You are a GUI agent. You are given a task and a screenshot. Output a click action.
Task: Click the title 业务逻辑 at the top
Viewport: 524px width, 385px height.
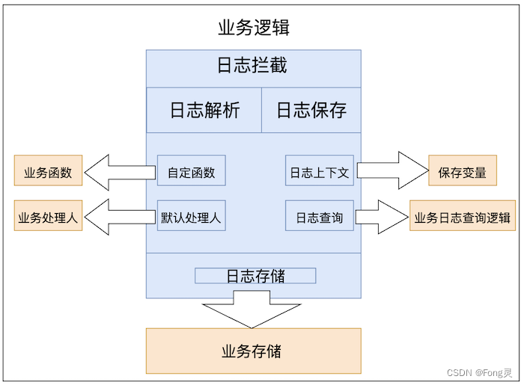[x=253, y=28]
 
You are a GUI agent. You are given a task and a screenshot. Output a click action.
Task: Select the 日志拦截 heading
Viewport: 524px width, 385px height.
[x=252, y=65]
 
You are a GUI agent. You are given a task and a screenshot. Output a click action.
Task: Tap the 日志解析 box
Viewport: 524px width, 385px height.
[x=204, y=110]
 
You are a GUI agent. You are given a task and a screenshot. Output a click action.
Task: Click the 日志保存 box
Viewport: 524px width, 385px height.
[x=311, y=110]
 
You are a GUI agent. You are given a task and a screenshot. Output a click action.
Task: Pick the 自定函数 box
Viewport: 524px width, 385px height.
[x=191, y=171]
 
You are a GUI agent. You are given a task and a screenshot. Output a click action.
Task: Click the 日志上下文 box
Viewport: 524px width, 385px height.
[x=320, y=171]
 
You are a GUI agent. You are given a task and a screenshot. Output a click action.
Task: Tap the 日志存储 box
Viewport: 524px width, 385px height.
[x=255, y=276]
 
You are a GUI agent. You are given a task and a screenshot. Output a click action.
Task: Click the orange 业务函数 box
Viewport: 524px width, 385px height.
[x=48, y=171]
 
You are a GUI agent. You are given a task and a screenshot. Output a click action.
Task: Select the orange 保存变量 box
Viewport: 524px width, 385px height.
[x=462, y=171]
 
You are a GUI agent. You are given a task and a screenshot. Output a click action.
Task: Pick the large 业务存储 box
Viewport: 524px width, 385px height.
[x=253, y=350]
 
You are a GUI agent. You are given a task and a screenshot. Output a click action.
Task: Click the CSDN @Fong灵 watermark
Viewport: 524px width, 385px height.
[x=479, y=372]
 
